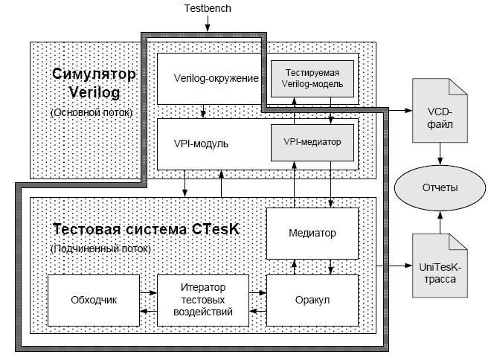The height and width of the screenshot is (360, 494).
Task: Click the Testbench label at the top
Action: (x=208, y=8)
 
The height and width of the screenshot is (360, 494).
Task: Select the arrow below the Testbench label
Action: (x=208, y=23)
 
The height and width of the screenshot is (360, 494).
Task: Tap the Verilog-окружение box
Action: (x=209, y=79)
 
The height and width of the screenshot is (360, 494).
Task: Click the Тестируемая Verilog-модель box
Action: (x=312, y=78)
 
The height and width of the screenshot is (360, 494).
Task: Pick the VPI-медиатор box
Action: (x=312, y=142)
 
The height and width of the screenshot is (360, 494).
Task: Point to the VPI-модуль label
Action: (x=201, y=144)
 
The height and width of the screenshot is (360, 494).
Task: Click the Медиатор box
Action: (x=312, y=233)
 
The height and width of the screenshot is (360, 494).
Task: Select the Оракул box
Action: (x=312, y=300)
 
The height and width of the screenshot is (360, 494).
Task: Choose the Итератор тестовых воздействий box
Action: (x=203, y=300)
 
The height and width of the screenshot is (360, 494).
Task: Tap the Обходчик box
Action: (x=94, y=300)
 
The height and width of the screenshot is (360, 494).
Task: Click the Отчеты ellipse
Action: (x=440, y=187)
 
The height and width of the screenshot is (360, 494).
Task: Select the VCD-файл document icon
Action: (x=440, y=110)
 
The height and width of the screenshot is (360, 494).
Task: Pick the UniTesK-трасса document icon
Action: (x=440, y=266)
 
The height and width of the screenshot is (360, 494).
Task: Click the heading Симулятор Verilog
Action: (x=94, y=83)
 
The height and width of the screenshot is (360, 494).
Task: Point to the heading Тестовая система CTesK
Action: (x=146, y=229)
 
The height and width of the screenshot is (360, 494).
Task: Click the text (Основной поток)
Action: (x=92, y=112)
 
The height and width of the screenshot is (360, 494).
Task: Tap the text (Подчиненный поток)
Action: (x=100, y=249)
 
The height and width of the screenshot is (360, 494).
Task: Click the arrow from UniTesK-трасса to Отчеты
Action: (x=440, y=222)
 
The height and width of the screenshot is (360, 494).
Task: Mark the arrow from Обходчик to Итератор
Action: (x=148, y=293)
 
